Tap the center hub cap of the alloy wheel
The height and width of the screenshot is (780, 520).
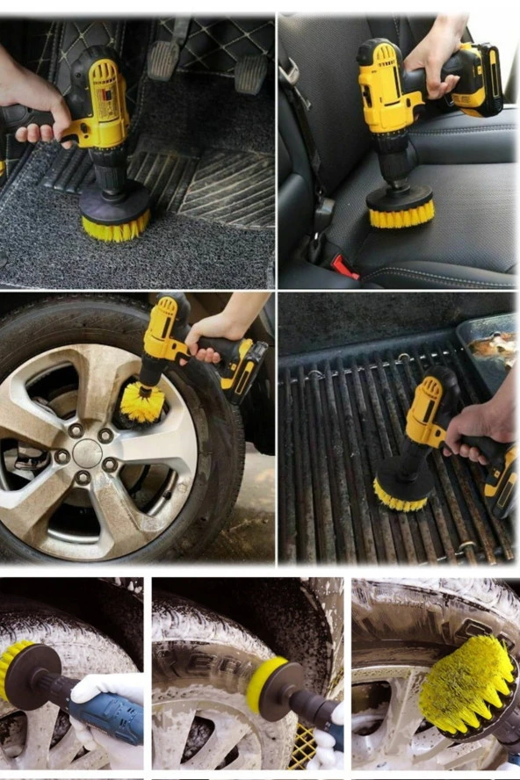87,453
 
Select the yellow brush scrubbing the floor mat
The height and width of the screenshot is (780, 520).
115,227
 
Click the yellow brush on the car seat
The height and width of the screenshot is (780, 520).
401,213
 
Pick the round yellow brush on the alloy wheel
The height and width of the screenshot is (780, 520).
142,403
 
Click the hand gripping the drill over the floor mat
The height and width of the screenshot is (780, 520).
35,105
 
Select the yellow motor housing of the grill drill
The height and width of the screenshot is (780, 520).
425,413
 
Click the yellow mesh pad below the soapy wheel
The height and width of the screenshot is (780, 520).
303,747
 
